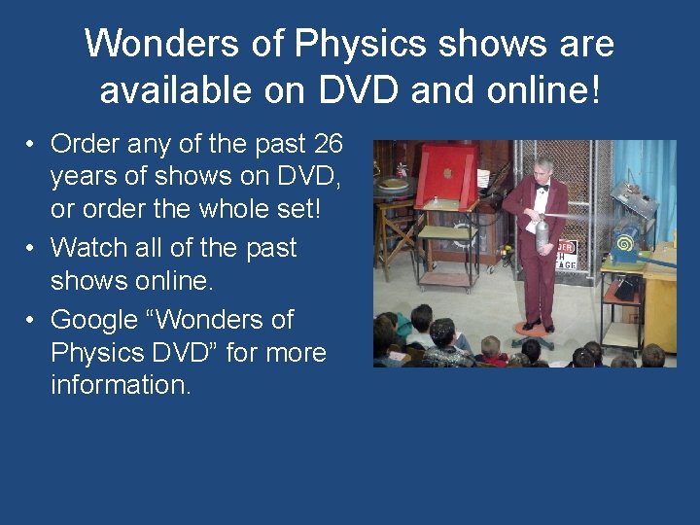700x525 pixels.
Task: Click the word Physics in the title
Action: (x=363, y=45)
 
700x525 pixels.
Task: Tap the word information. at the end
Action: (x=122, y=385)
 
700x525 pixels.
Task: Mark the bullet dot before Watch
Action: (x=32, y=249)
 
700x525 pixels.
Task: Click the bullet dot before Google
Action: (x=32, y=321)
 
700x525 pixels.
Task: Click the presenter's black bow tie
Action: (x=542, y=187)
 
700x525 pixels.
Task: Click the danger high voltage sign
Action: (x=566, y=255)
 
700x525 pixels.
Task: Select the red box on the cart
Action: (x=446, y=176)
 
